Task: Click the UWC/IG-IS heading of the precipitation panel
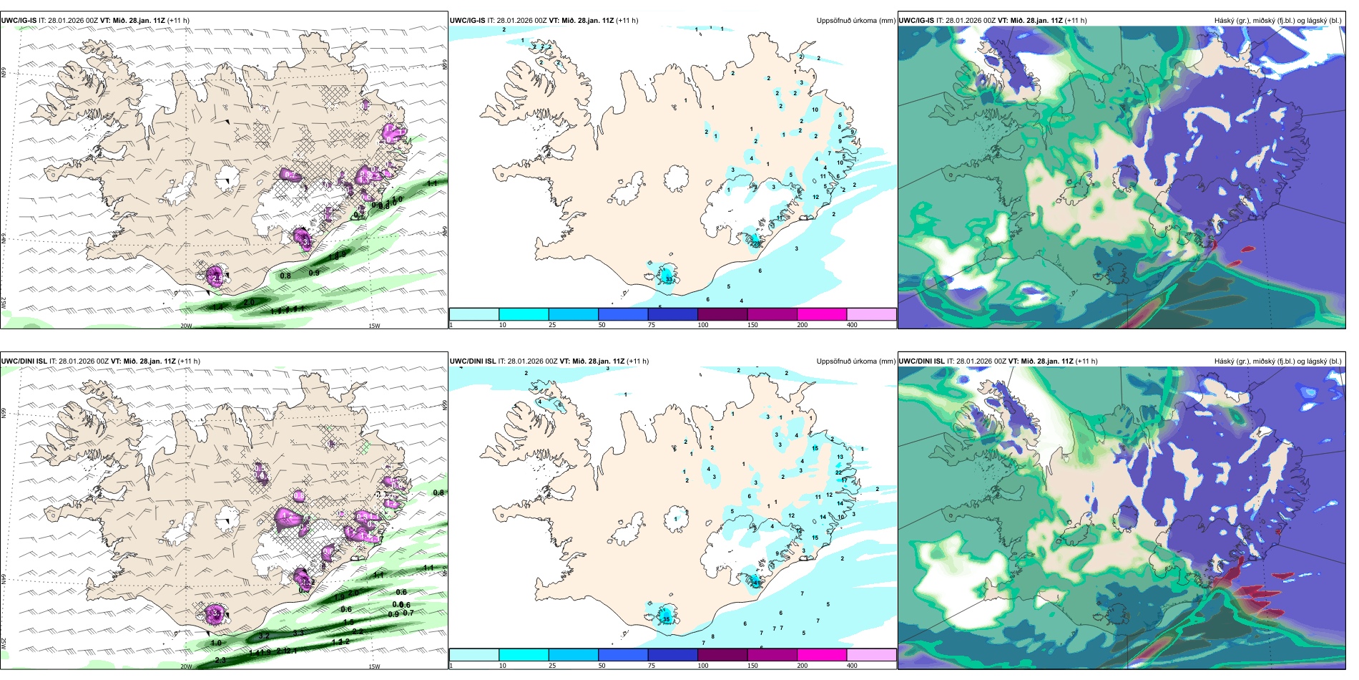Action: [x=468, y=21]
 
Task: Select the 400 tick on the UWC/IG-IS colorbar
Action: [x=852, y=325]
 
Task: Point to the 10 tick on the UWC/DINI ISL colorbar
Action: [x=503, y=666]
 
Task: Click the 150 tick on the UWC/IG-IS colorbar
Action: [x=752, y=325]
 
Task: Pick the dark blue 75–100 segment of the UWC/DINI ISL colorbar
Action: [x=672, y=655]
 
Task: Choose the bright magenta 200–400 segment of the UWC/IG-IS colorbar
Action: [x=821, y=314]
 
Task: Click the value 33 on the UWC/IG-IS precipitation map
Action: [x=669, y=280]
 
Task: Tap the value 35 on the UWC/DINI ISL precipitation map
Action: [x=666, y=619]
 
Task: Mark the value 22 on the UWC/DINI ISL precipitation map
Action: [x=838, y=472]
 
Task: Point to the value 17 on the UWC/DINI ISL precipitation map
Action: [x=844, y=480]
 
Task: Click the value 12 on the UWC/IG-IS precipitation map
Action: [x=815, y=197]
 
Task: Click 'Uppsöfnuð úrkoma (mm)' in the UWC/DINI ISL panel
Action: [x=855, y=361]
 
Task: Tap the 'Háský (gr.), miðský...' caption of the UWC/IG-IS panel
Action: [x=1277, y=21]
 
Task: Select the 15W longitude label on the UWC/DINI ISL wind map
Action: [x=373, y=666]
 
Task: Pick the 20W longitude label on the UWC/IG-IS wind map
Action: [x=186, y=326]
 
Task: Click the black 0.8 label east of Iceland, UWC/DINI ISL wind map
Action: [x=438, y=492]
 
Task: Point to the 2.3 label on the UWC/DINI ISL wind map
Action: [x=220, y=660]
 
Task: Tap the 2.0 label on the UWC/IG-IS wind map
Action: [x=249, y=303]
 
